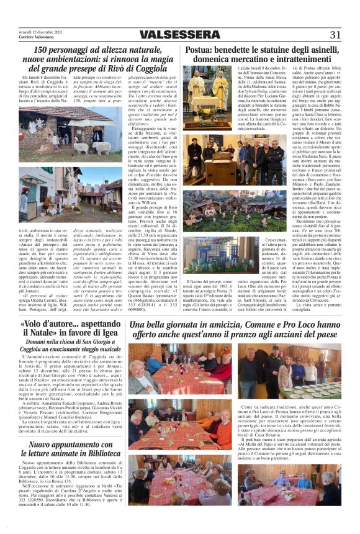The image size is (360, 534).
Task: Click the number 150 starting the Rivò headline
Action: [x=42, y=50]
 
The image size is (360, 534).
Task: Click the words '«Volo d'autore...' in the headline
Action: [x=43, y=325]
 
